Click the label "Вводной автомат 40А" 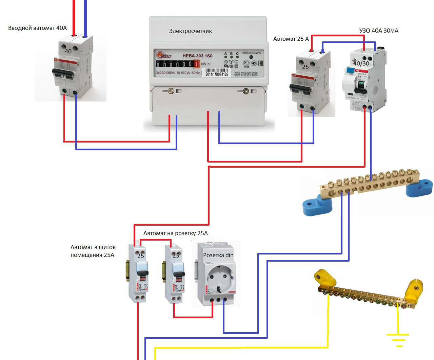point(37,28)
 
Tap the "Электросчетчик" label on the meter point(191,31)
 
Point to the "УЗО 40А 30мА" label point(379,31)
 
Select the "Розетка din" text point(218,255)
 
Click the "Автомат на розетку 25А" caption point(175,233)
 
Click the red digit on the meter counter point(197,64)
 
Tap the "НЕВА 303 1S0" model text point(197,56)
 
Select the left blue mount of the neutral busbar point(317,206)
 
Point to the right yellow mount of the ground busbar point(414,288)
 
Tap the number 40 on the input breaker point(68,51)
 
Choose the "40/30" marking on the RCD point(361,63)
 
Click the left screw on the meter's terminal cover point(171,91)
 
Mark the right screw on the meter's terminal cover point(245,91)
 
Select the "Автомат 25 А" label point(291,39)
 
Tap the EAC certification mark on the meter point(261,63)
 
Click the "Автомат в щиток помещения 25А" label point(93,251)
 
